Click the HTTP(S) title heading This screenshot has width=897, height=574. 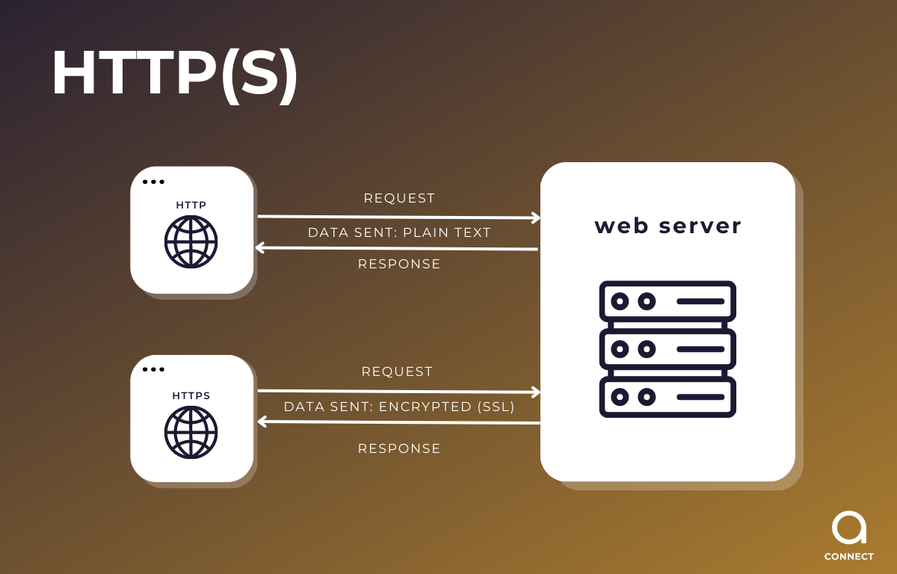[x=175, y=75]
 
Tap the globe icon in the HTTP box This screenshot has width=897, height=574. [x=191, y=241]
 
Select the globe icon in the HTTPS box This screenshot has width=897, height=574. [x=191, y=432]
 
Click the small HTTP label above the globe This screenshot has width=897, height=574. [x=191, y=205]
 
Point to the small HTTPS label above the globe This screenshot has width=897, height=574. [x=191, y=395]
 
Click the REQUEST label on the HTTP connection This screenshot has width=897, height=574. [x=399, y=198]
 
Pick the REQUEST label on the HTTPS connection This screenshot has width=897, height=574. [x=397, y=371]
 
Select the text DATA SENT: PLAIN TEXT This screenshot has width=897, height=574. [x=399, y=232]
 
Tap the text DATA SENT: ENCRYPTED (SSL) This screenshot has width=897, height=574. [x=399, y=407]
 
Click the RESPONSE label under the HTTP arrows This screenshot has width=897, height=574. [x=399, y=264]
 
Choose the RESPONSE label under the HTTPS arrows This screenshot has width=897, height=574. [x=399, y=448]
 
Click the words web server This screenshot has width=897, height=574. [x=668, y=226]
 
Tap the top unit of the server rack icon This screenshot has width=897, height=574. [x=668, y=301]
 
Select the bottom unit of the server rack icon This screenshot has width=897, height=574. [x=668, y=396]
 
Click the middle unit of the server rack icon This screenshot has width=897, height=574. [x=668, y=348]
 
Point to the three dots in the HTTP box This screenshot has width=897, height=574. [x=153, y=182]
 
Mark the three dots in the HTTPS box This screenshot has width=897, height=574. [x=153, y=369]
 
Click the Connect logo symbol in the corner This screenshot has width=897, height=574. [x=849, y=528]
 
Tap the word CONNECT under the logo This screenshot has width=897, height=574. [x=848, y=557]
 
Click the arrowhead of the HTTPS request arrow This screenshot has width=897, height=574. [x=535, y=392]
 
